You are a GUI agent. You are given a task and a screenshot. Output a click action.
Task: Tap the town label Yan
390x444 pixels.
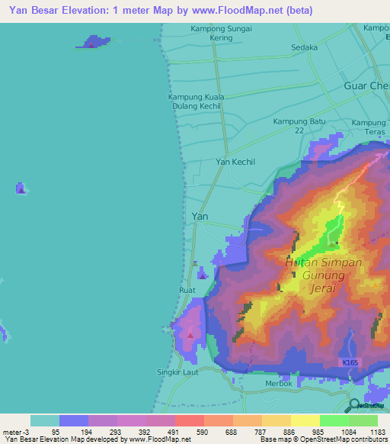pyautogui.click(x=200, y=217)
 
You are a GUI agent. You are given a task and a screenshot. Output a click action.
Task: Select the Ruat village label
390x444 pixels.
pyautogui.click(x=187, y=290)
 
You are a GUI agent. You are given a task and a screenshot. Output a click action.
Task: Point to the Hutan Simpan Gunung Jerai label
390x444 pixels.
pyautogui.click(x=323, y=276)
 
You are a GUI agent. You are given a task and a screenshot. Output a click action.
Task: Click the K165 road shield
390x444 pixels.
pyautogui.click(x=350, y=365)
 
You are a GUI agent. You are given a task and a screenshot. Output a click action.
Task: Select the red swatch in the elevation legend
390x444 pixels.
pyautogui.click(x=189, y=420)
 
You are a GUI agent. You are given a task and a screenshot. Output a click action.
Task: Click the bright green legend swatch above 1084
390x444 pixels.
pyautogui.click(x=334, y=420)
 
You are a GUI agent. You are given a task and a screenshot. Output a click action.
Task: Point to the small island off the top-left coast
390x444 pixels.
pyautogui.click(x=91, y=42)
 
